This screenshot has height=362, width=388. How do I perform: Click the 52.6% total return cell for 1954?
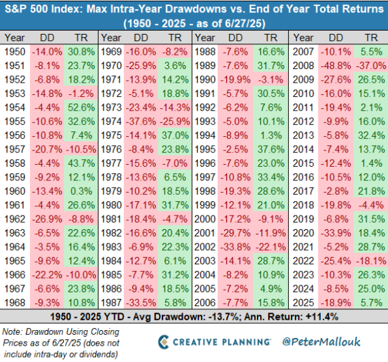pos(81,107)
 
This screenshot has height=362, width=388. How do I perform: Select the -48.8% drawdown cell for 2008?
pos(336,66)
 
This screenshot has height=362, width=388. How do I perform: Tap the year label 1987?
pos(112,303)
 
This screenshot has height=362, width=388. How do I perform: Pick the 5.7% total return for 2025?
pos(371,303)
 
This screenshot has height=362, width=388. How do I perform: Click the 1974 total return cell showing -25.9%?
pos(175,122)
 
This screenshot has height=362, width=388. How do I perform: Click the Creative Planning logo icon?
pos(163,342)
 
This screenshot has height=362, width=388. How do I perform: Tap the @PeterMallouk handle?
pos(321,342)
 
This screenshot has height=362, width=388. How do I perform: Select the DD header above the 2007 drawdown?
pos(336,38)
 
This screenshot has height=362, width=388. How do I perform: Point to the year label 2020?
pos(303,233)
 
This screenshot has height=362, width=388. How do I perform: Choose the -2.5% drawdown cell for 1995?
pos(235,150)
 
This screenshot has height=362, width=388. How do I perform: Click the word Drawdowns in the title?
pos(196,9)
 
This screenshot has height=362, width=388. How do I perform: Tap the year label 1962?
pos(15,219)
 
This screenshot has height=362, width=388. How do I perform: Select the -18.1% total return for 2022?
pos(371,261)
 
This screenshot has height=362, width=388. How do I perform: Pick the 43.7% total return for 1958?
pos(81,163)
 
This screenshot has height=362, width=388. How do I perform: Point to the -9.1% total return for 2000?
pos(271,219)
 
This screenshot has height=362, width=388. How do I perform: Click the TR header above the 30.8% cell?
pos(81,38)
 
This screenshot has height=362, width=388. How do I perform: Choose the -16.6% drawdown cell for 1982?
pos(141,233)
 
